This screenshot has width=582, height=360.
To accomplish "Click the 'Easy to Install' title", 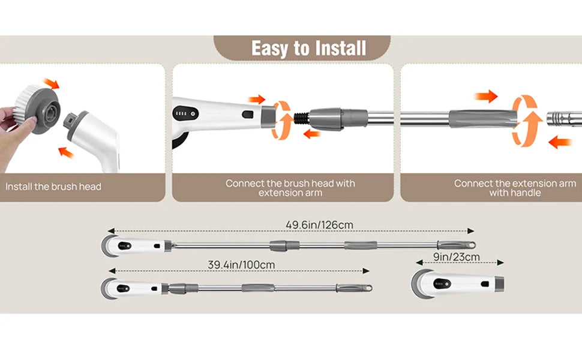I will point(308,48).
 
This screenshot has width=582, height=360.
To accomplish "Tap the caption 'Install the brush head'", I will point(53,187).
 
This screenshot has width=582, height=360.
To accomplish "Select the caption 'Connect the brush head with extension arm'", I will point(290,188).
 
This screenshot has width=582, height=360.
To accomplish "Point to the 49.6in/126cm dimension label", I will point(319,225).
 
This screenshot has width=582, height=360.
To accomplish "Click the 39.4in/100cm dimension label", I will point(241,265).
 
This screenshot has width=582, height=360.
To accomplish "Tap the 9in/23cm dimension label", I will point(456,257).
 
